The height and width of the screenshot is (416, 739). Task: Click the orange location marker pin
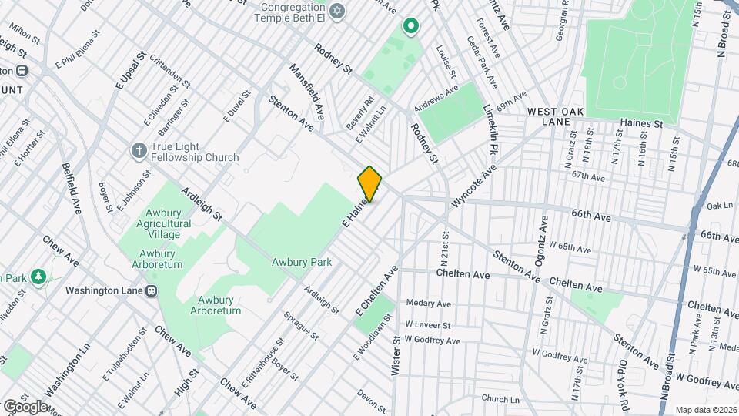pyautogui.click(x=370, y=184)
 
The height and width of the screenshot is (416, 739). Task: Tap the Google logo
pyautogui.click(x=25, y=406)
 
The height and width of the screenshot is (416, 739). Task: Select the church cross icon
pyautogui.click(x=139, y=149)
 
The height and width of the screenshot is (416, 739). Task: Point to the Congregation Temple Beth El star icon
pyautogui.click(x=335, y=12)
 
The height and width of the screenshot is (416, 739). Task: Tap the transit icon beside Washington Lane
pyautogui.click(x=152, y=290)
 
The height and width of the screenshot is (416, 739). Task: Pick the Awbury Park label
pyautogui.click(x=301, y=262)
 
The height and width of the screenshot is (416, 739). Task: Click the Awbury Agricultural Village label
pyautogui.click(x=154, y=217)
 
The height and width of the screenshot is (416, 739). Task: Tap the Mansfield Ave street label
pyautogui.click(x=307, y=91)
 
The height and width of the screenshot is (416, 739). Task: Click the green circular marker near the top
pyautogui.click(x=411, y=27)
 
